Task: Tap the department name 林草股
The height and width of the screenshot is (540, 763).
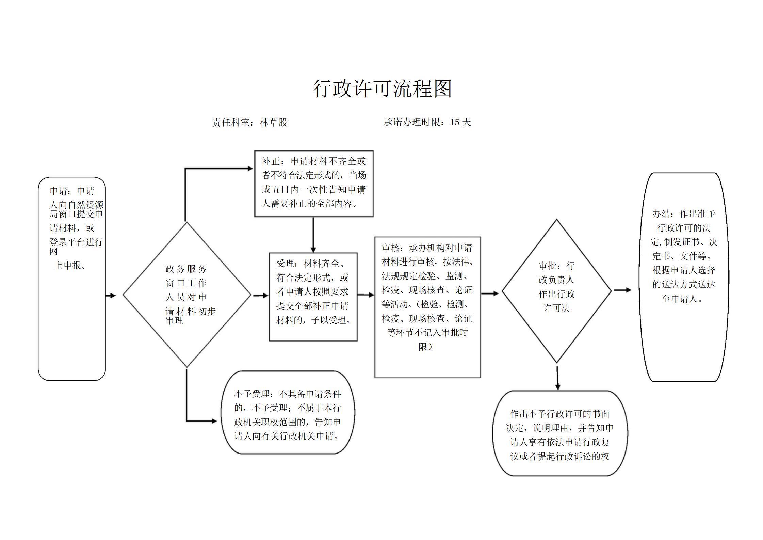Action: (x=274, y=122)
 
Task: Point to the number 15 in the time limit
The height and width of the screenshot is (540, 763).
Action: (x=455, y=122)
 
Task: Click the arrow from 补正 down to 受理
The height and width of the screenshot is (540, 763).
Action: (x=313, y=235)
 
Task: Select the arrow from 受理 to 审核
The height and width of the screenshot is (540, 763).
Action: (x=366, y=295)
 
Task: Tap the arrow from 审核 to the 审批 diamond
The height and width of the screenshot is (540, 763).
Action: (x=490, y=293)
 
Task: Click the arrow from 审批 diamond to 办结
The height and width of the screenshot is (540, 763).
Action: (x=622, y=290)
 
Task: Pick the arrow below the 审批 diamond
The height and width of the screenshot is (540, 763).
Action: (x=557, y=378)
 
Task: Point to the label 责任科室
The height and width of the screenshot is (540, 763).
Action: (x=231, y=122)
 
